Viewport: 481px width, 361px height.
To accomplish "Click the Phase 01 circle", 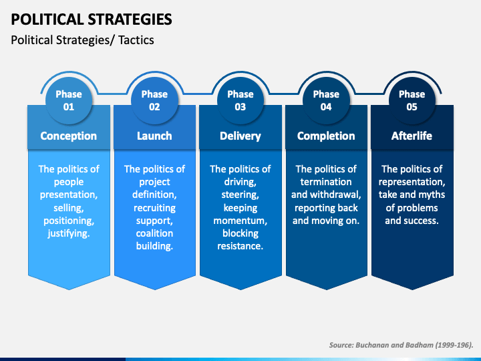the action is [x=69, y=100].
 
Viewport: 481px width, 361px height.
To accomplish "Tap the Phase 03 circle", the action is [x=240, y=100].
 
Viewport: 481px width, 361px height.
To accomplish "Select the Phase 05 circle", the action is [x=412, y=100].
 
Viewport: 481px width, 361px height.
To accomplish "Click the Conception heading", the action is [x=69, y=136].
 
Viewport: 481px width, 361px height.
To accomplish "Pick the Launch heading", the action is [x=154, y=136].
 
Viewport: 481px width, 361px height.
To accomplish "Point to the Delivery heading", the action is [x=240, y=136].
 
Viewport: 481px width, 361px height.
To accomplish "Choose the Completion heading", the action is [x=326, y=136].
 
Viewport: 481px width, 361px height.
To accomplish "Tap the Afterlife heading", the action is [x=412, y=136].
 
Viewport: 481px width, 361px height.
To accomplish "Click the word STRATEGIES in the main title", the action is [x=130, y=19].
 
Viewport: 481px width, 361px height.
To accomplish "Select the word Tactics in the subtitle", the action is [x=136, y=40].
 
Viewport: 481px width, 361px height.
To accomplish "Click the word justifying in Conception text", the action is [x=69, y=234].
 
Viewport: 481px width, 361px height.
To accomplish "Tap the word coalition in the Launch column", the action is [x=154, y=233].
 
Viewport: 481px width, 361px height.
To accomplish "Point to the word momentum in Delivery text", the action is [x=240, y=221].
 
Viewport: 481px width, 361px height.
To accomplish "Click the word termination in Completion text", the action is [x=326, y=182].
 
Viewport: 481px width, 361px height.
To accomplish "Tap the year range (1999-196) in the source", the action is [x=454, y=346].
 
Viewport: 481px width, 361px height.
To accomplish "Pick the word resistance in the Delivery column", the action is [x=240, y=246].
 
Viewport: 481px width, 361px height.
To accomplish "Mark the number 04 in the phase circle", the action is [x=326, y=107].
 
